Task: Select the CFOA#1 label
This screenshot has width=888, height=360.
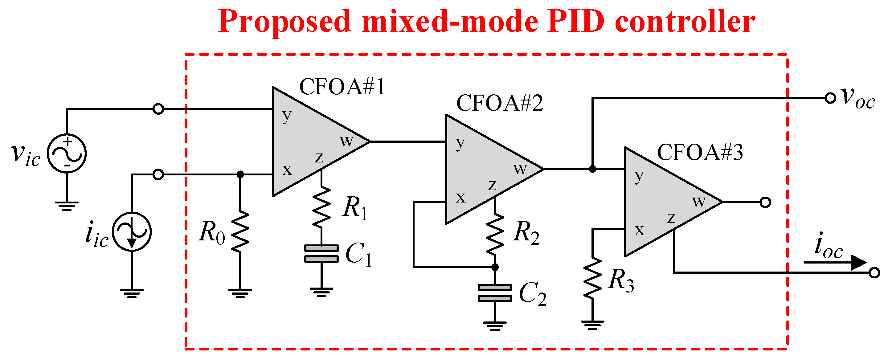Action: [342, 87]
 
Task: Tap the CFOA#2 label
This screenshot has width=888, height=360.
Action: [500, 103]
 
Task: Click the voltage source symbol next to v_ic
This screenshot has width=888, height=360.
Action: [67, 153]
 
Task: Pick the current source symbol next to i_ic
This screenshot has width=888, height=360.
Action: [132, 232]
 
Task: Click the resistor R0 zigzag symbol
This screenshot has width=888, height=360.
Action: [240, 232]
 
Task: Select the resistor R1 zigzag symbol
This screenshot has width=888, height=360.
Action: [321, 207]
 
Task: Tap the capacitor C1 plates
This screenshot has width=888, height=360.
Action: [321, 254]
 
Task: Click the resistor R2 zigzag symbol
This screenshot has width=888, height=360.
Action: [495, 235]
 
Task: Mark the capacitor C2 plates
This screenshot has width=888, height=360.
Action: [495, 293]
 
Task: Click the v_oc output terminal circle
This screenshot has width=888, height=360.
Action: [830, 98]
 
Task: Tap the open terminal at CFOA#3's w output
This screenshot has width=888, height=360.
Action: [765, 202]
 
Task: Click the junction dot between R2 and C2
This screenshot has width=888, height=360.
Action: [495, 267]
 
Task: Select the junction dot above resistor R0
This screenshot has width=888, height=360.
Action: [240, 174]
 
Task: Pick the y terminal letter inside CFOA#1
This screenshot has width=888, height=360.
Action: [286, 116]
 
